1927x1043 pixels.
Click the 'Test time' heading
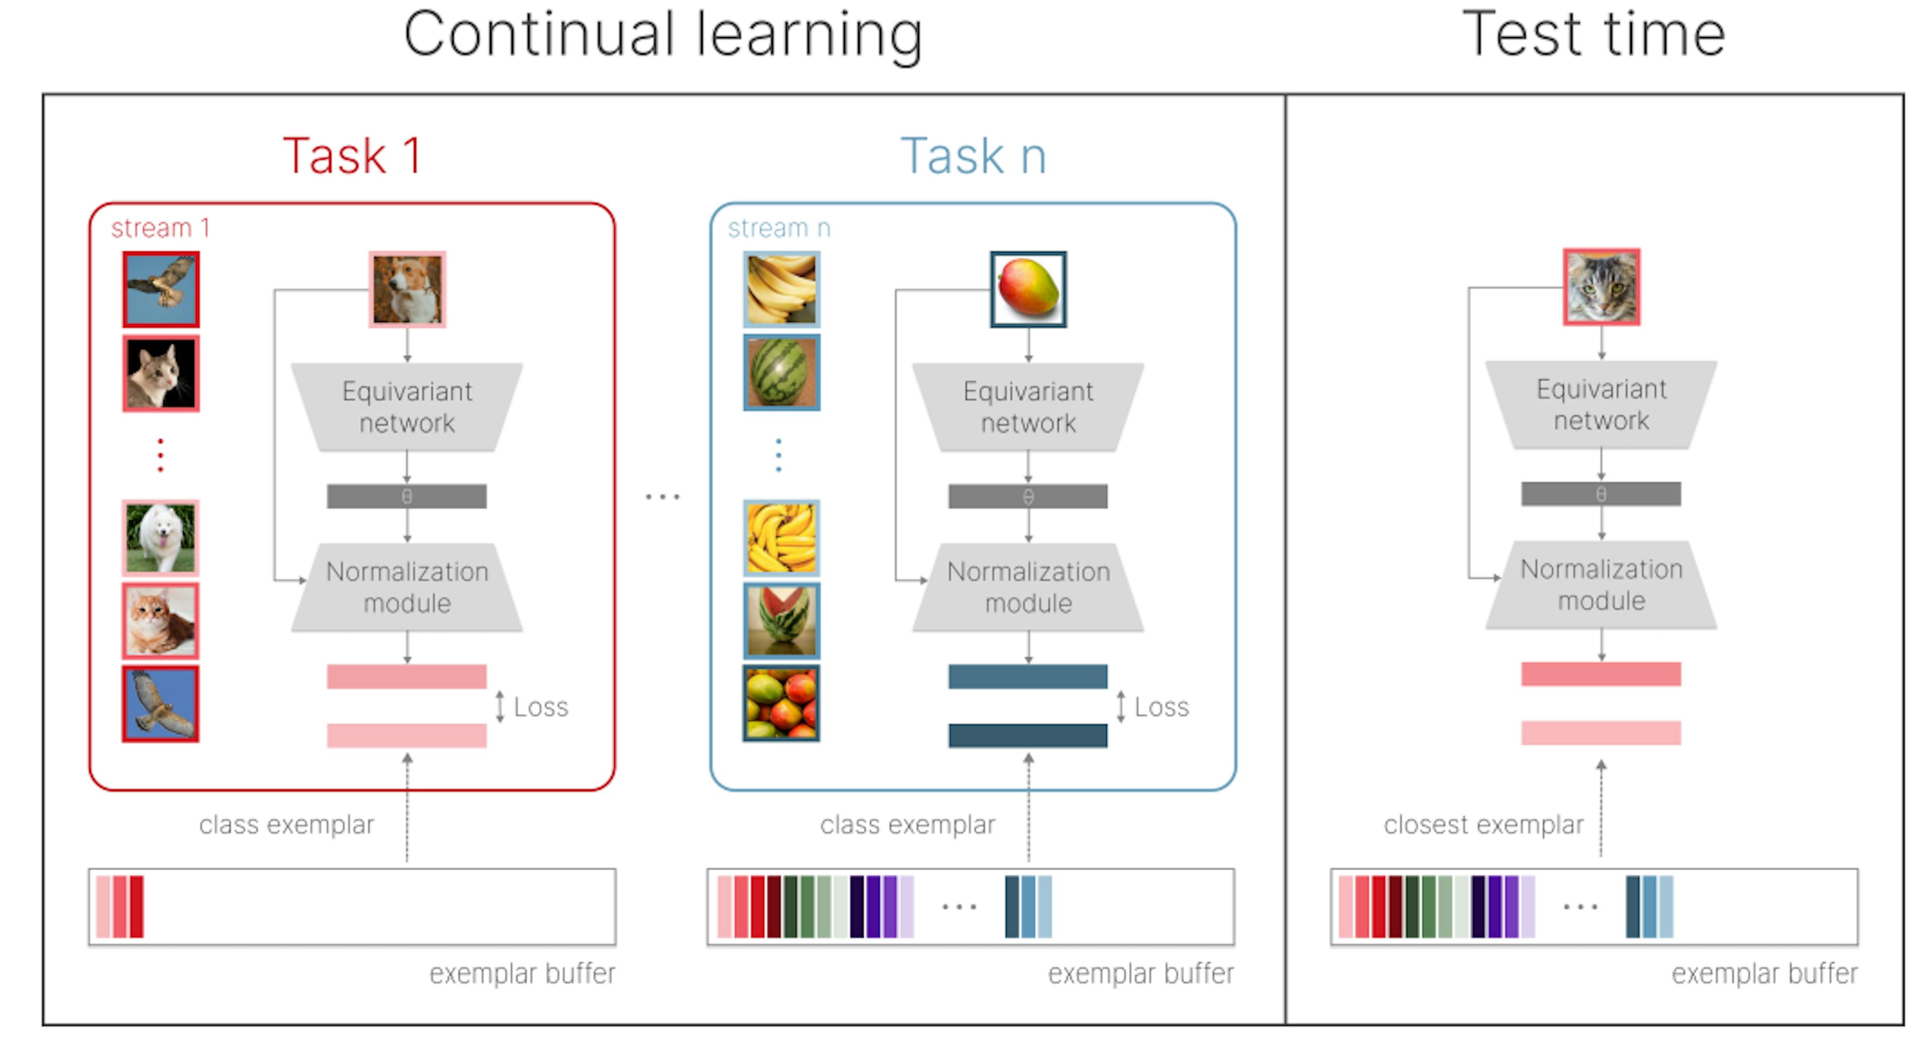click(x=1593, y=35)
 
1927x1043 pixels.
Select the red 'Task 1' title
click(x=352, y=157)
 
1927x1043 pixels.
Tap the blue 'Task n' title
click(x=973, y=157)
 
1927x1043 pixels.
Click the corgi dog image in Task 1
click(x=407, y=290)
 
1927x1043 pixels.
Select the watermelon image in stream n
click(x=781, y=372)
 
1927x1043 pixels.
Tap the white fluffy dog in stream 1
click(x=161, y=537)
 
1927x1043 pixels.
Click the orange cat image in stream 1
click(x=161, y=620)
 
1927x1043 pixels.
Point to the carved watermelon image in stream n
click(x=781, y=620)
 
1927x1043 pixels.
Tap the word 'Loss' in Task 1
click(x=541, y=707)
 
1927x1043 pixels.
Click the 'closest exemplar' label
click(x=1483, y=825)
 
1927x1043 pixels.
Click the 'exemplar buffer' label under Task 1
click(x=522, y=973)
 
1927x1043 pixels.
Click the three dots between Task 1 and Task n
click(x=663, y=496)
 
